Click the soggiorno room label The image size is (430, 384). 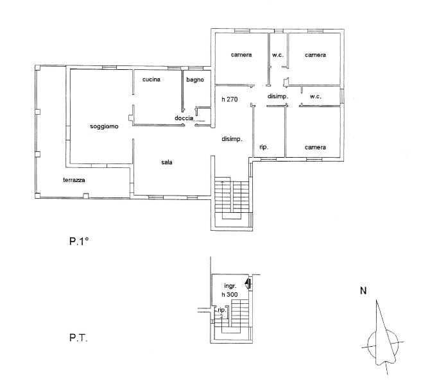coord(104,126)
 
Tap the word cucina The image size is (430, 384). coord(151,79)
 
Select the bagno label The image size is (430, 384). coord(195,79)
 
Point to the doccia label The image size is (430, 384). coord(184,118)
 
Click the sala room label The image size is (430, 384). coord(167,162)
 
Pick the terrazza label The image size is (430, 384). coord(74,180)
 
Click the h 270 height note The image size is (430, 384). coord(230,99)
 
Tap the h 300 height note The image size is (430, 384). coord(230,294)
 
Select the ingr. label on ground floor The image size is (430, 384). coord(230,286)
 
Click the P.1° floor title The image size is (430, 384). coord(79,241)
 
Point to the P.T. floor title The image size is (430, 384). coord(78,338)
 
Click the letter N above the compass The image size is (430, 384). coord(363,290)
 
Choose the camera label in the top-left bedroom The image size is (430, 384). coord(241,54)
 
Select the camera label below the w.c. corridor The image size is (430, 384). coord(315,147)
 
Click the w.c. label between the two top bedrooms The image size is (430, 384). coord(278,55)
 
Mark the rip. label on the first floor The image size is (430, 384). coord(264,147)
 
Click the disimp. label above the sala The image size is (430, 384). coord(232,139)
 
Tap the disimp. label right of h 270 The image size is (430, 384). coord(278,96)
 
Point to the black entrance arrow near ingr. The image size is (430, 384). coord(248,282)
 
